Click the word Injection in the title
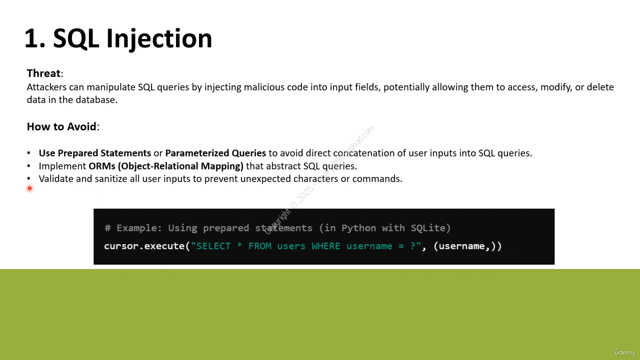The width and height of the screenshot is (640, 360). pyautogui.click(x=159, y=39)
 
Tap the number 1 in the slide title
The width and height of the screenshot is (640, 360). pyautogui.click(x=32, y=38)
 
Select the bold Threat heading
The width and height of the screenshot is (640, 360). pyautogui.click(x=43, y=73)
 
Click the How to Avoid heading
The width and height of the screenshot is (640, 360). pyautogui.click(x=61, y=126)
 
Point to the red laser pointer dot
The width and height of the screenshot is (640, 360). pyautogui.click(x=29, y=188)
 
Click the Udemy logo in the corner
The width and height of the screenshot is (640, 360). pyautogui.click(x=625, y=352)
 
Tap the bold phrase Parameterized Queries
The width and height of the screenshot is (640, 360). pyautogui.click(x=215, y=153)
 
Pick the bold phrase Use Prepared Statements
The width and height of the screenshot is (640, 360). pyautogui.click(x=95, y=153)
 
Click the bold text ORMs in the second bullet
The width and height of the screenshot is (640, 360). pyautogui.click(x=102, y=166)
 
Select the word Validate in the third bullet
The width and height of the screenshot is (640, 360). pyautogui.click(x=56, y=179)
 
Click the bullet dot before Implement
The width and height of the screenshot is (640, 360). pyautogui.click(x=28, y=165)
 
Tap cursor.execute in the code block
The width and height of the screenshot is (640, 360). pyautogui.click(x=144, y=246)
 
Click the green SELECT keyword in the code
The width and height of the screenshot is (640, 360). pyautogui.click(x=213, y=246)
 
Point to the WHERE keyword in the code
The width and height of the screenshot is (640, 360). pyautogui.click(x=325, y=246)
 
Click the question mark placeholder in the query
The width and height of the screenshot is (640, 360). pyautogui.click(x=413, y=246)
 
